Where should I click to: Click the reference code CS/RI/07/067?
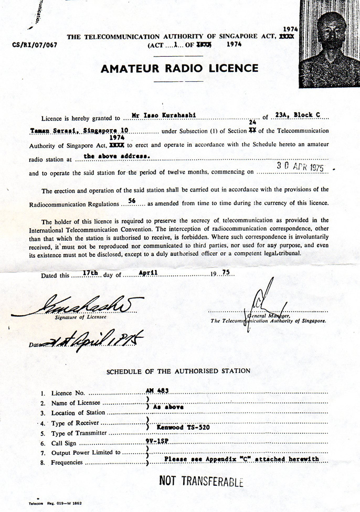point(34,45)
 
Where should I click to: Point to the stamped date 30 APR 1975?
point(300,167)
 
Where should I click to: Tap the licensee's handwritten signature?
point(78,305)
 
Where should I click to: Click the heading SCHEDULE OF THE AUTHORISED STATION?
point(178,371)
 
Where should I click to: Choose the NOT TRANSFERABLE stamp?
point(202,481)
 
